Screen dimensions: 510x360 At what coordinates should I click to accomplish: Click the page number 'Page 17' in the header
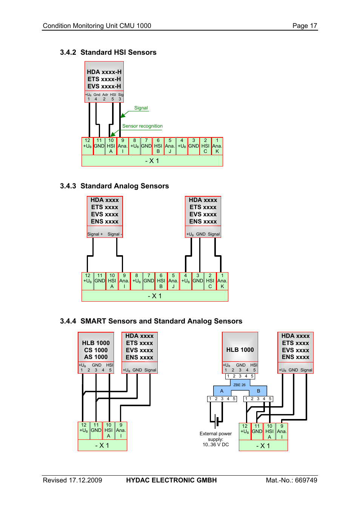click(305, 26)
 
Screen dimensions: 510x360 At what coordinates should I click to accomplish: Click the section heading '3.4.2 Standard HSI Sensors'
click(108, 52)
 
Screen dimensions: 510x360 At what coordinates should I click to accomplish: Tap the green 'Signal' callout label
click(141, 108)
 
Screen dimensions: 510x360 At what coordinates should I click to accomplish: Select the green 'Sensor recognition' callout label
click(142, 126)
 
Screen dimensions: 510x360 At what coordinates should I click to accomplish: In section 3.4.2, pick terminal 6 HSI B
click(158, 146)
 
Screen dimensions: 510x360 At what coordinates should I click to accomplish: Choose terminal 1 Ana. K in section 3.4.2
click(217, 146)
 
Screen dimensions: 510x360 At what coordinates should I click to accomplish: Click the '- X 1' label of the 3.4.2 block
click(152, 161)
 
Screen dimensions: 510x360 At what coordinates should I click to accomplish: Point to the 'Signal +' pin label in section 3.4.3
click(95, 234)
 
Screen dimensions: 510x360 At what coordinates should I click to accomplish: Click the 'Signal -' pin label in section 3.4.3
click(114, 234)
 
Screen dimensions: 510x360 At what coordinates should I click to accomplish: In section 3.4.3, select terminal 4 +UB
click(185, 281)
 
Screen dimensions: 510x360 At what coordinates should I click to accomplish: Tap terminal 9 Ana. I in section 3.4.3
click(124, 281)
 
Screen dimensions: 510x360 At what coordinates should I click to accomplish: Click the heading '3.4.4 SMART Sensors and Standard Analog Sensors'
click(151, 321)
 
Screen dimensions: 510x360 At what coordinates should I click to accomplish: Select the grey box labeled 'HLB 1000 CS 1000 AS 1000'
click(96, 350)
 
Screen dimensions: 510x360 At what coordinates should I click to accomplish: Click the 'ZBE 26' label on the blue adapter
click(239, 385)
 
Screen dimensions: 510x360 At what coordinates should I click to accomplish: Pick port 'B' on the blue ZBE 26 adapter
click(258, 391)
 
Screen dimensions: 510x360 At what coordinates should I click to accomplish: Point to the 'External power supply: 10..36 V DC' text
click(215, 439)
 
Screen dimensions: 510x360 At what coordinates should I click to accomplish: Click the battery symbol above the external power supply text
click(217, 421)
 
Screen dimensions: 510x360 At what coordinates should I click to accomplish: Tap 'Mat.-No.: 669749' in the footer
click(291, 480)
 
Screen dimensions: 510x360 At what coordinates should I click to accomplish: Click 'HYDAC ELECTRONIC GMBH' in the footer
click(171, 480)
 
